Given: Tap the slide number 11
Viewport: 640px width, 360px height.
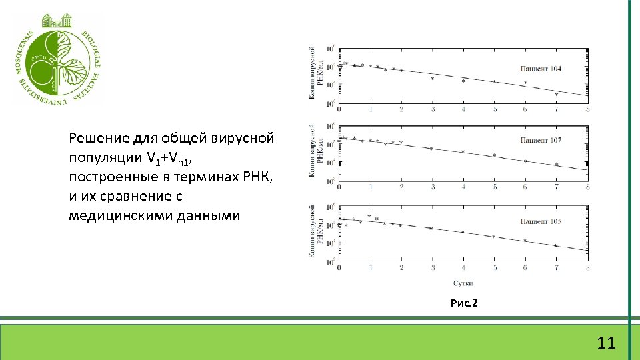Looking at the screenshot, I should (606, 343).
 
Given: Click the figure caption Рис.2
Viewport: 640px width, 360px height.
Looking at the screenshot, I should (464, 303).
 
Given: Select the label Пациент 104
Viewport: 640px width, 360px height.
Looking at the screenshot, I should (541, 69).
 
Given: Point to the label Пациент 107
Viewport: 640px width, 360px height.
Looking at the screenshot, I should (541, 140).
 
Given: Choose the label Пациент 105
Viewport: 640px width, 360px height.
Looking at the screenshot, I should (541, 221).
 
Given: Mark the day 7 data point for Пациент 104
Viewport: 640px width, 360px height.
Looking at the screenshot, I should (557, 94).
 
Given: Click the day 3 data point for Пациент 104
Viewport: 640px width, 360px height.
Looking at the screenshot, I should (432, 78).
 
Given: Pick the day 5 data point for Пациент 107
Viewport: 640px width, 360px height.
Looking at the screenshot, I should (494, 155).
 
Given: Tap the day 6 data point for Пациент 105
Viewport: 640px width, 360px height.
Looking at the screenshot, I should (525, 240).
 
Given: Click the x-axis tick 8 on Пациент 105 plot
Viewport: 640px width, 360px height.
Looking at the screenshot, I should (587, 267).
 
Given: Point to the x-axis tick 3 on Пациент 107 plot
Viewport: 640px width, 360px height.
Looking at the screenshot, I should (432, 187).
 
